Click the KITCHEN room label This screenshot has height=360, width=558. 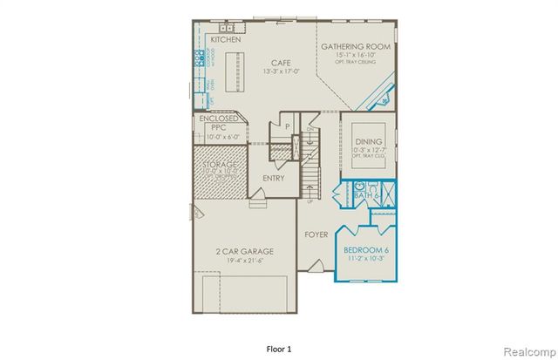(x=226, y=40)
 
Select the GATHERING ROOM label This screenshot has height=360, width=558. (x=355, y=46)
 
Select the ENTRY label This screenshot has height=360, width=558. (x=274, y=178)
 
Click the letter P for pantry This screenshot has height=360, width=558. (x=286, y=127)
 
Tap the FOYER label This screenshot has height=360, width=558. (x=316, y=234)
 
